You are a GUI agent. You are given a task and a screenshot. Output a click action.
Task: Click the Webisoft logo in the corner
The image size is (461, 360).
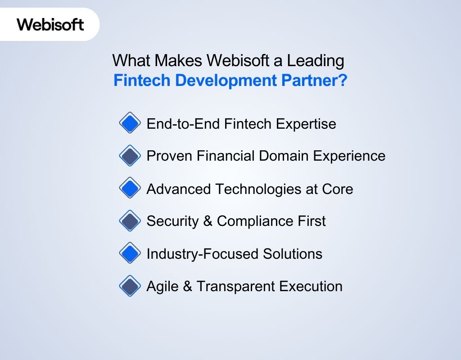(x=50, y=24)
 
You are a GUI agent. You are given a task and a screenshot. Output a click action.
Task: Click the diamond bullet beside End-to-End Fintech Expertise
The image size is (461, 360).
(x=130, y=123)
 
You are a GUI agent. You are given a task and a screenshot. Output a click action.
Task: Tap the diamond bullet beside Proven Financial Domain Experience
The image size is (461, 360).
(x=130, y=156)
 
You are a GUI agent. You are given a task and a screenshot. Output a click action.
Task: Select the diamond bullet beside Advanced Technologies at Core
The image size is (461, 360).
(x=130, y=188)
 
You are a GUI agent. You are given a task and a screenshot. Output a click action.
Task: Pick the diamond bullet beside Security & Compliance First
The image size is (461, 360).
(x=130, y=221)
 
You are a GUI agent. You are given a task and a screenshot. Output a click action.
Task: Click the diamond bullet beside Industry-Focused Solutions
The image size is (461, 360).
(x=130, y=253)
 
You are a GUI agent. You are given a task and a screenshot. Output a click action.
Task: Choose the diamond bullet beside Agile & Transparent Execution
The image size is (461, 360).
(x=130, y=286)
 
